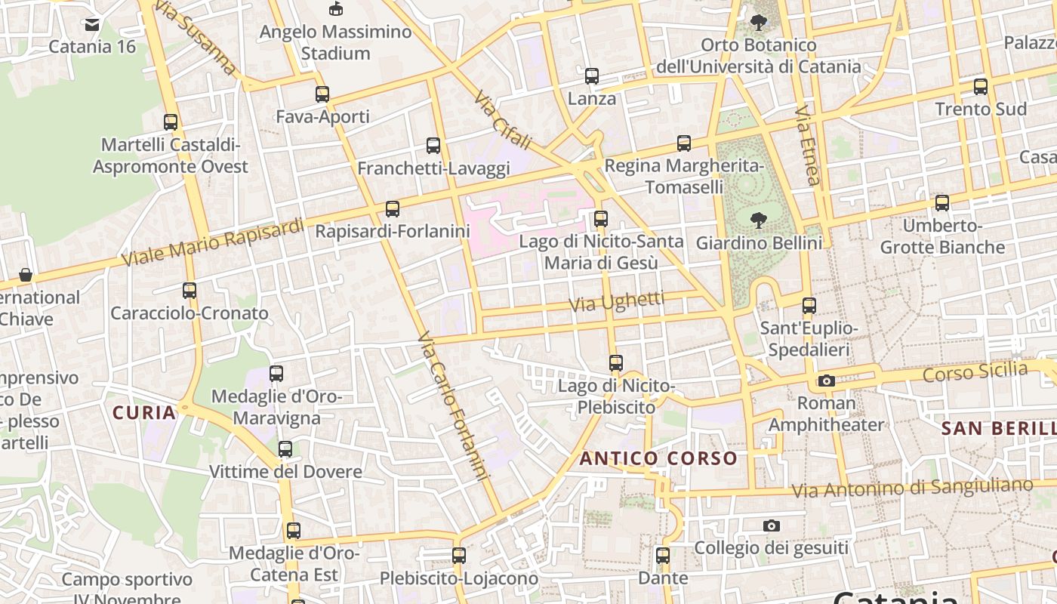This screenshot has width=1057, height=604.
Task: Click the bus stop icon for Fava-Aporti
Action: [x=322, y=94]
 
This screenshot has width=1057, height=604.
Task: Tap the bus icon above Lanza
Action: [x=592, y=76]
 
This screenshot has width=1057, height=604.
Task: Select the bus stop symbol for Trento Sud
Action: [x=981, y=87]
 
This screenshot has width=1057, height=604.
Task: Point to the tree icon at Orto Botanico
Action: [x=759, y=23]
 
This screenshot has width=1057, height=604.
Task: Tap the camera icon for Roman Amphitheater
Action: [x=827, y=381]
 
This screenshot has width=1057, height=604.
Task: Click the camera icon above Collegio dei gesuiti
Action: [x=771, y=525]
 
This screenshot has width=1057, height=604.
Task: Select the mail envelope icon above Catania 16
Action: [x=92, y=25]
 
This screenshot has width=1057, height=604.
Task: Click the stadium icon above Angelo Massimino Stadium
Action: [x=336, y=9]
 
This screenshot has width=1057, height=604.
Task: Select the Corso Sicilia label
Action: [x=975, y=372]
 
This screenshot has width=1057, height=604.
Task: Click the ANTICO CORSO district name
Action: [x=658, y=458]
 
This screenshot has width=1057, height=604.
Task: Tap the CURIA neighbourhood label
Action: [x=144, y=413]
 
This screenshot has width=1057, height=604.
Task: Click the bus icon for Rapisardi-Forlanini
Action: [x=393, y=209]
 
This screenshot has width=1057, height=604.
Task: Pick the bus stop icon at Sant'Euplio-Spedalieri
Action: [x=809, y=306]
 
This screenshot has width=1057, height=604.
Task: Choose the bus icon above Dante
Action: [x=663, y=556]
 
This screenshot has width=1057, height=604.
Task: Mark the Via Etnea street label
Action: [x=807, y=145]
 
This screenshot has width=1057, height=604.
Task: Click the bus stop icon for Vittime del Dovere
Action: [x=285, y=449]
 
